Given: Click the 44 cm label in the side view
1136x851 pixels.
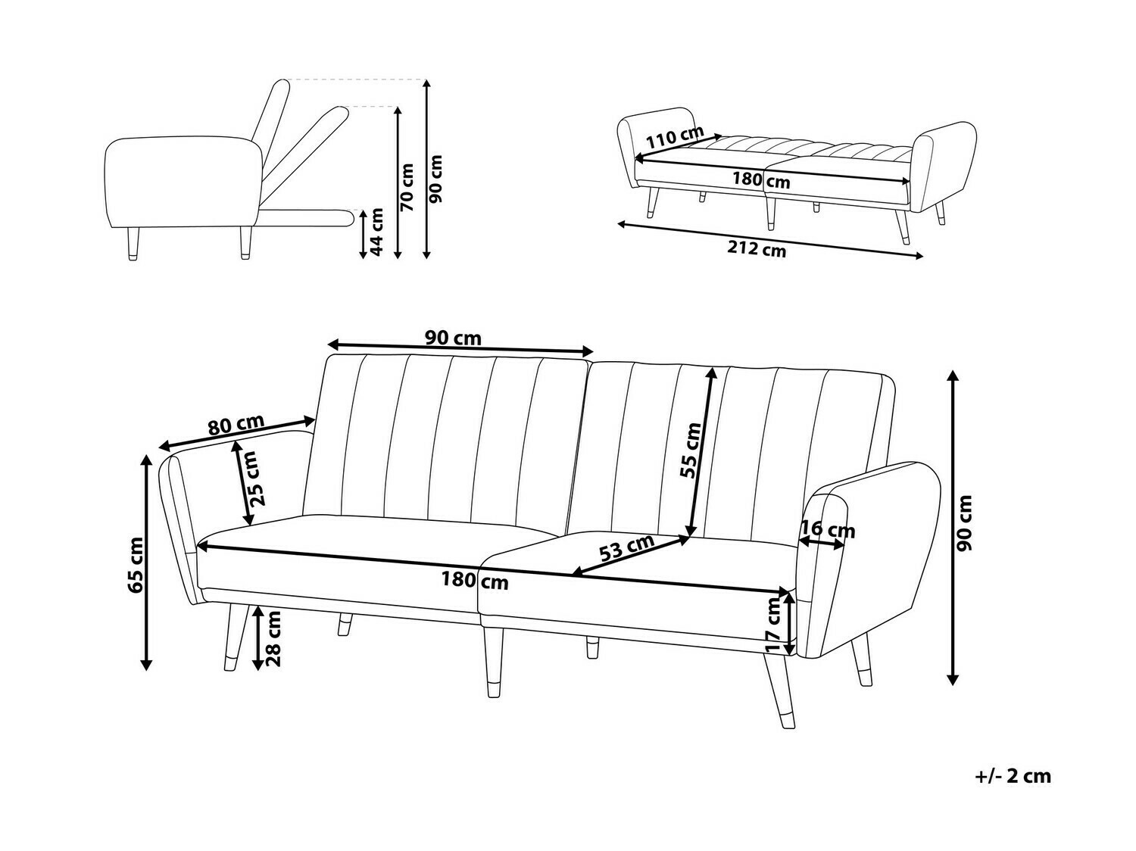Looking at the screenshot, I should click(x=376, y=231).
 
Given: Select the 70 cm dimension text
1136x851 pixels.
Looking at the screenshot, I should click(x=407, y=186).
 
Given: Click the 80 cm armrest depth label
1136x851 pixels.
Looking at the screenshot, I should click(x=236, y=425).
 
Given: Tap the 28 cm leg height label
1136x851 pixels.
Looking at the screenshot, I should click(x=273, y=638).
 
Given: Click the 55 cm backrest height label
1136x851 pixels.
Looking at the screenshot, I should click(x=691, y=450).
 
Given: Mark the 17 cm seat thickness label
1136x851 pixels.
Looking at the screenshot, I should click(x=773, y=625).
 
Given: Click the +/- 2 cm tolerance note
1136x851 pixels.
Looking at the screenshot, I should click(x=1013, y=776).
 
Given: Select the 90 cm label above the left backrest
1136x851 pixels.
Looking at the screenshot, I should click(x=453, y=338).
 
